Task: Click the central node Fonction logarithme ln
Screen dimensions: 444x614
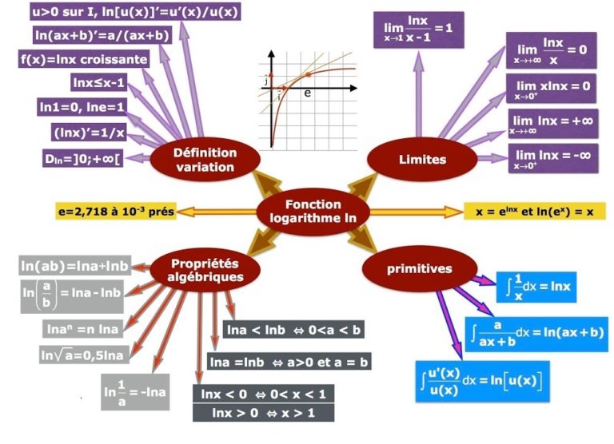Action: (313, 212)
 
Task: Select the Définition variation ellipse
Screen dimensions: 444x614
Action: (195, 159)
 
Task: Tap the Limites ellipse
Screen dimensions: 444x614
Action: (422, 159)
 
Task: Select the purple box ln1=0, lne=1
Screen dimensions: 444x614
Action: (82, 105)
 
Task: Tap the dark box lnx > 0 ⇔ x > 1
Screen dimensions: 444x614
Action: (262, 413)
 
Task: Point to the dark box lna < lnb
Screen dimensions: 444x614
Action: (294, 330)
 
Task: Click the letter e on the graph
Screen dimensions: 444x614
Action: (308, 93)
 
